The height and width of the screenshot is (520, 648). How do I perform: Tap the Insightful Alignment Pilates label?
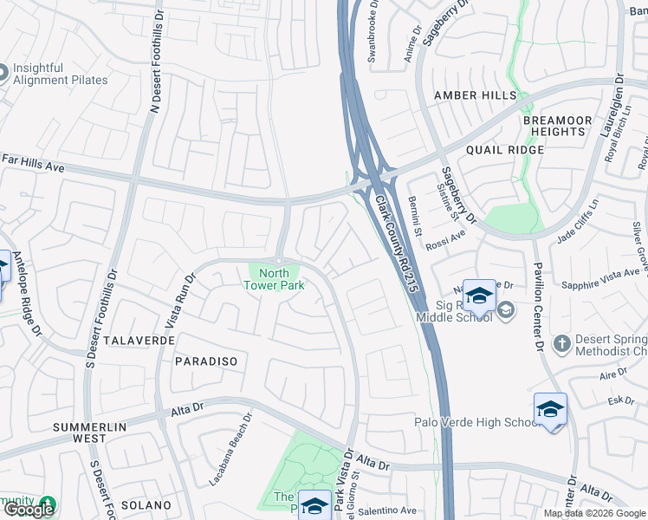(x=60, y=73)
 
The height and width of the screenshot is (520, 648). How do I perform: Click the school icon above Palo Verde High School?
(x=550, y=411)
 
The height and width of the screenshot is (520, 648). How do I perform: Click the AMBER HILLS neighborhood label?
(x=475, y=95)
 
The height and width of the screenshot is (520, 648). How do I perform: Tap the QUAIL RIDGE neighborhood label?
(x=504, y=149)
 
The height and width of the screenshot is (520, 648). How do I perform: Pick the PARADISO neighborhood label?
(x=205, y=360)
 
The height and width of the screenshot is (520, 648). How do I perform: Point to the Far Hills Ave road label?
(x=34, y=160)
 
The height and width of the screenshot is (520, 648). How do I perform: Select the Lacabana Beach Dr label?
(x=230, y=448)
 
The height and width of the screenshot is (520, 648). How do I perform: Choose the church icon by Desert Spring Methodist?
(x=561, y=343)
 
